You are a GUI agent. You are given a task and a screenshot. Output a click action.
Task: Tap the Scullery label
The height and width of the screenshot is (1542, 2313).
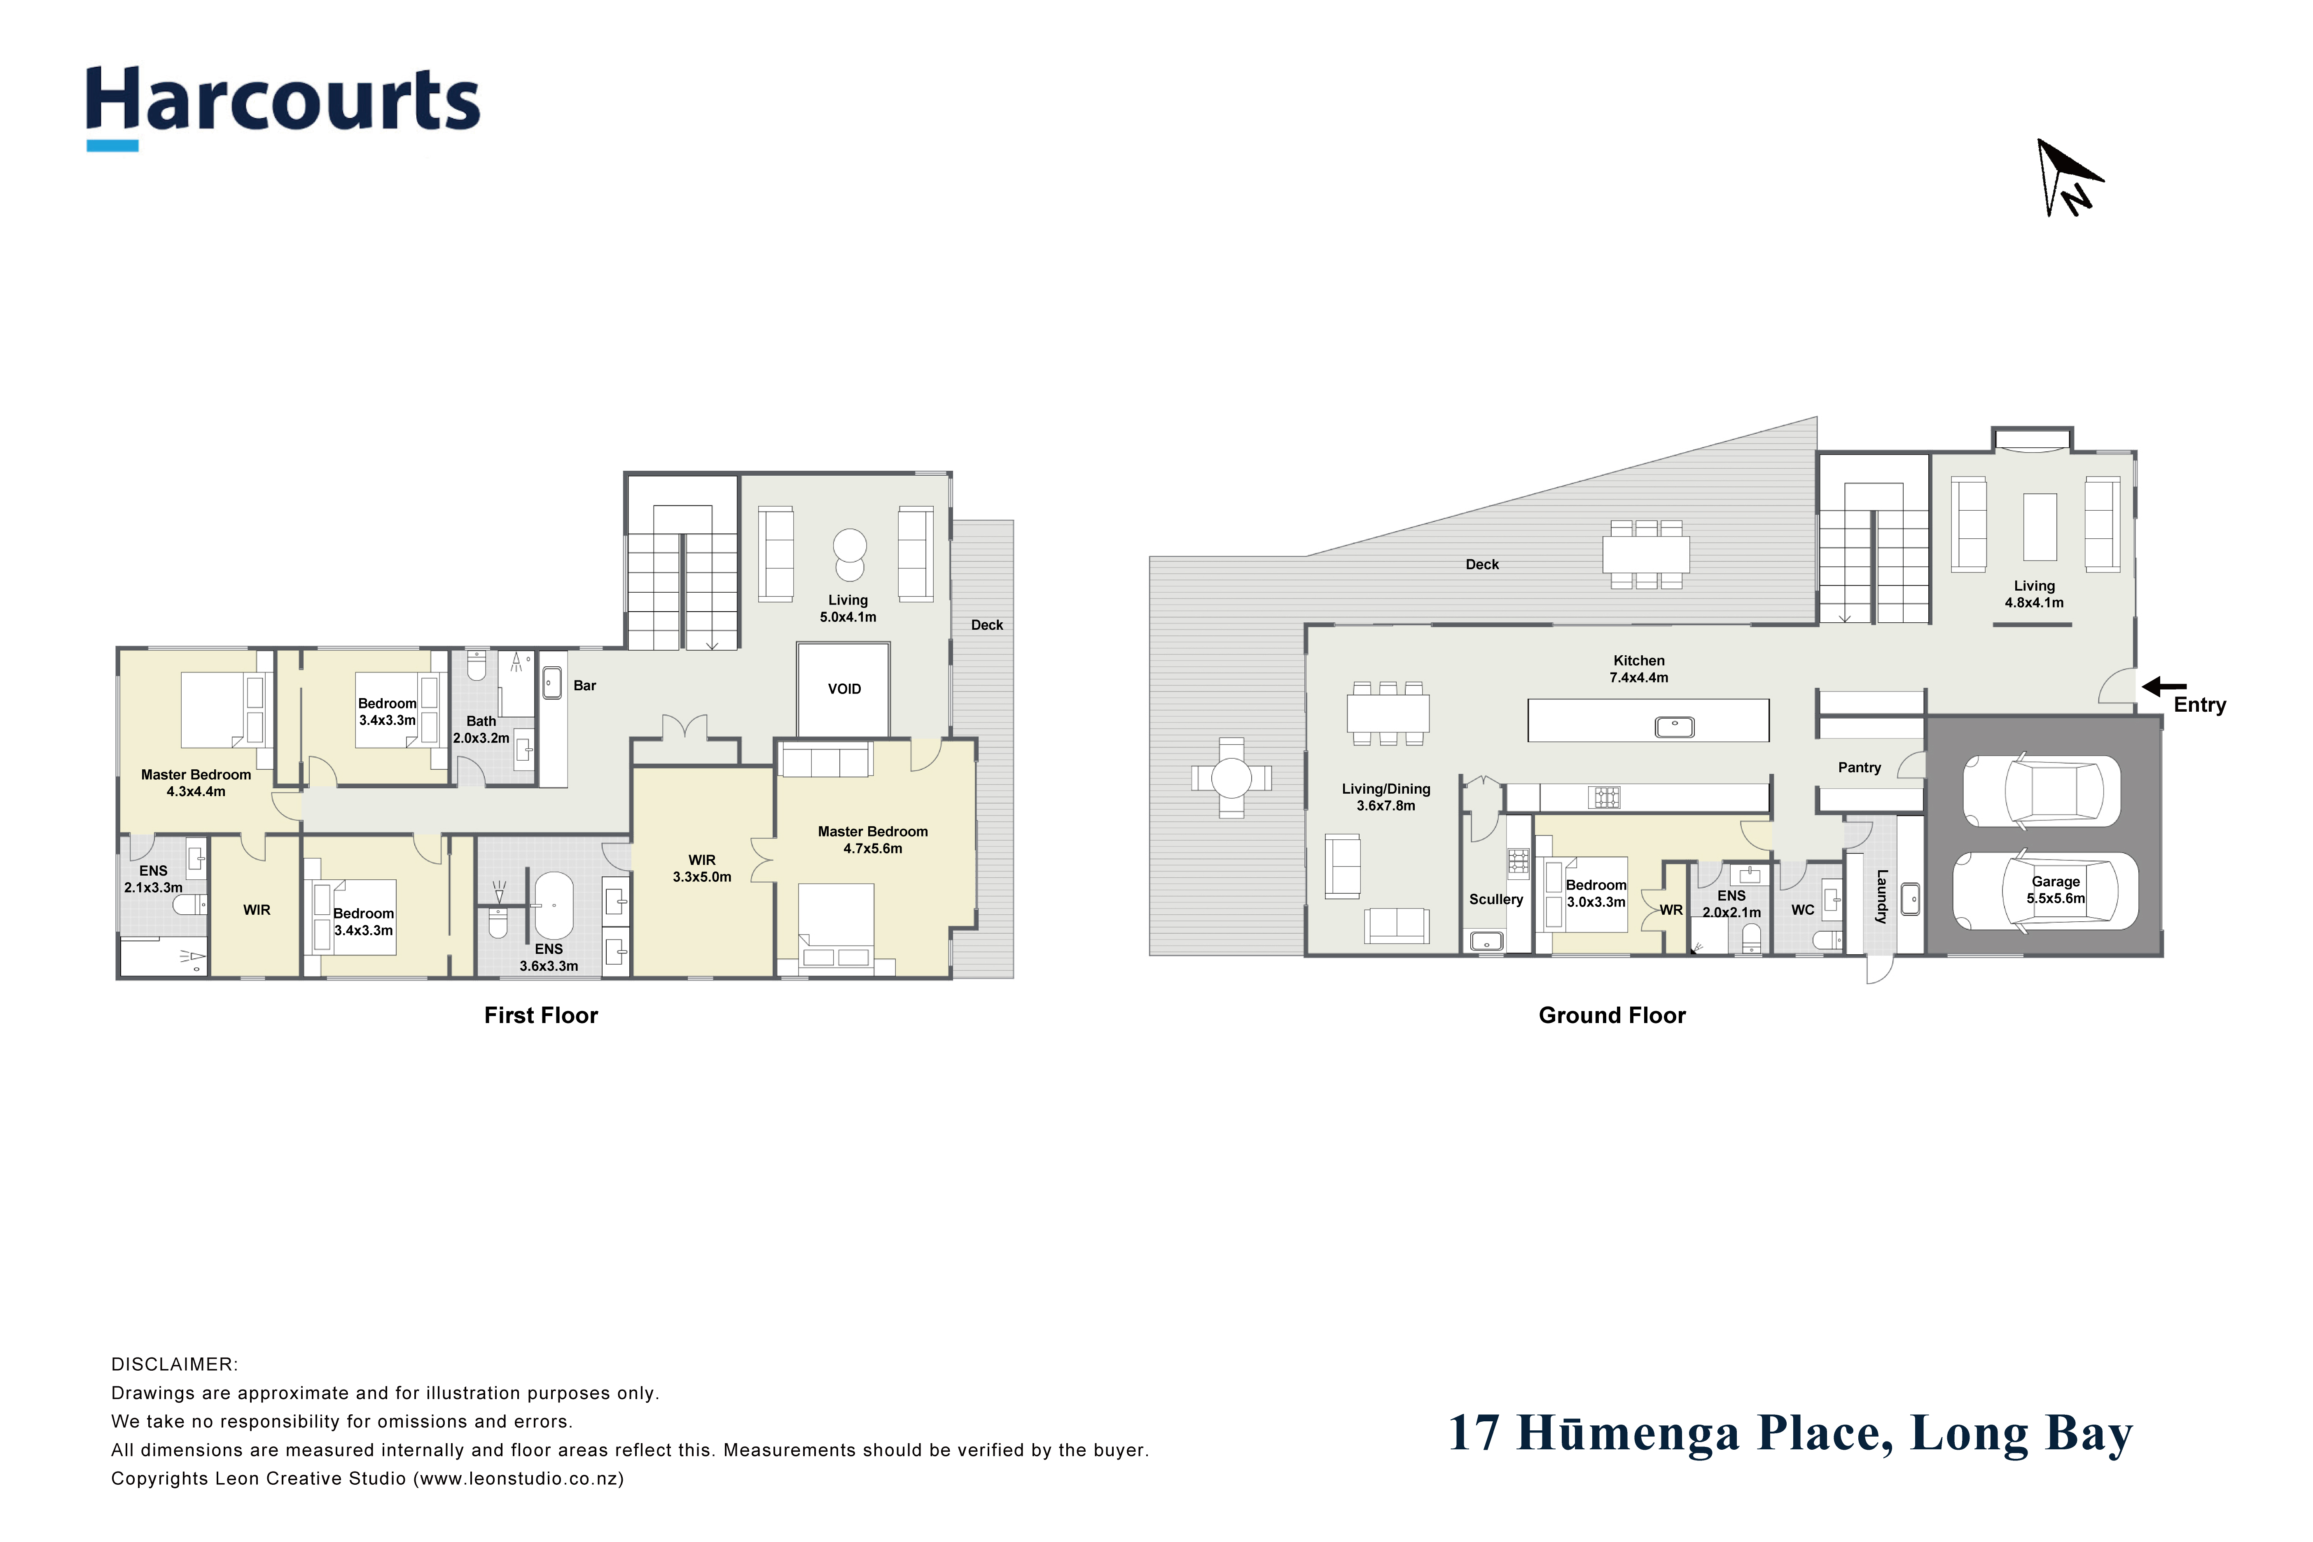1496,899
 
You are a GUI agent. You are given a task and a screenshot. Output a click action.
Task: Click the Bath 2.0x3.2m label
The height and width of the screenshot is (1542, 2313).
481,729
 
